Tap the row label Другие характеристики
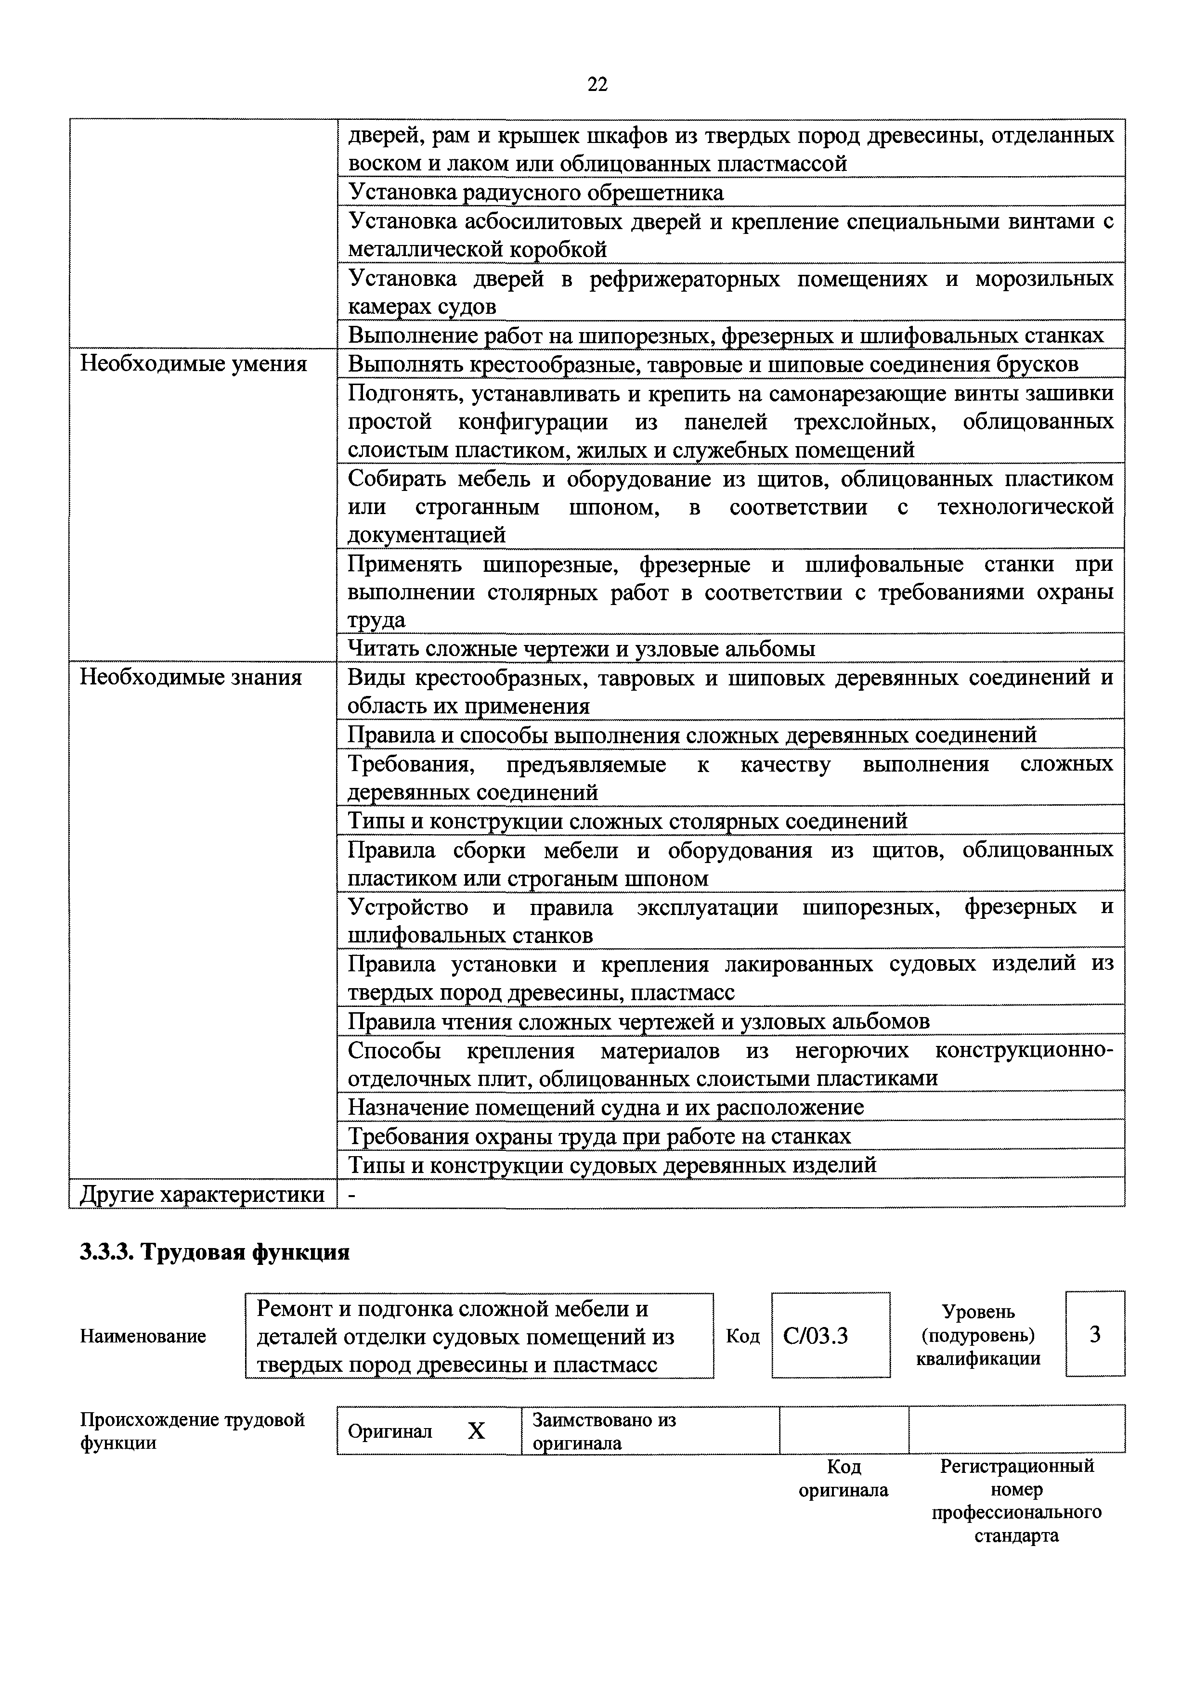(201, 1195)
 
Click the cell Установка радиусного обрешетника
(536, 193)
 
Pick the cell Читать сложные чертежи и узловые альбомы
(581, 648)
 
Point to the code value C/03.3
(816, 1336)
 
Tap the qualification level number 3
(1095, 1334)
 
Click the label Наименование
(143, 1336)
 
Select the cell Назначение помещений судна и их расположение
(605, 1107)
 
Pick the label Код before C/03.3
(742, 1336)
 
